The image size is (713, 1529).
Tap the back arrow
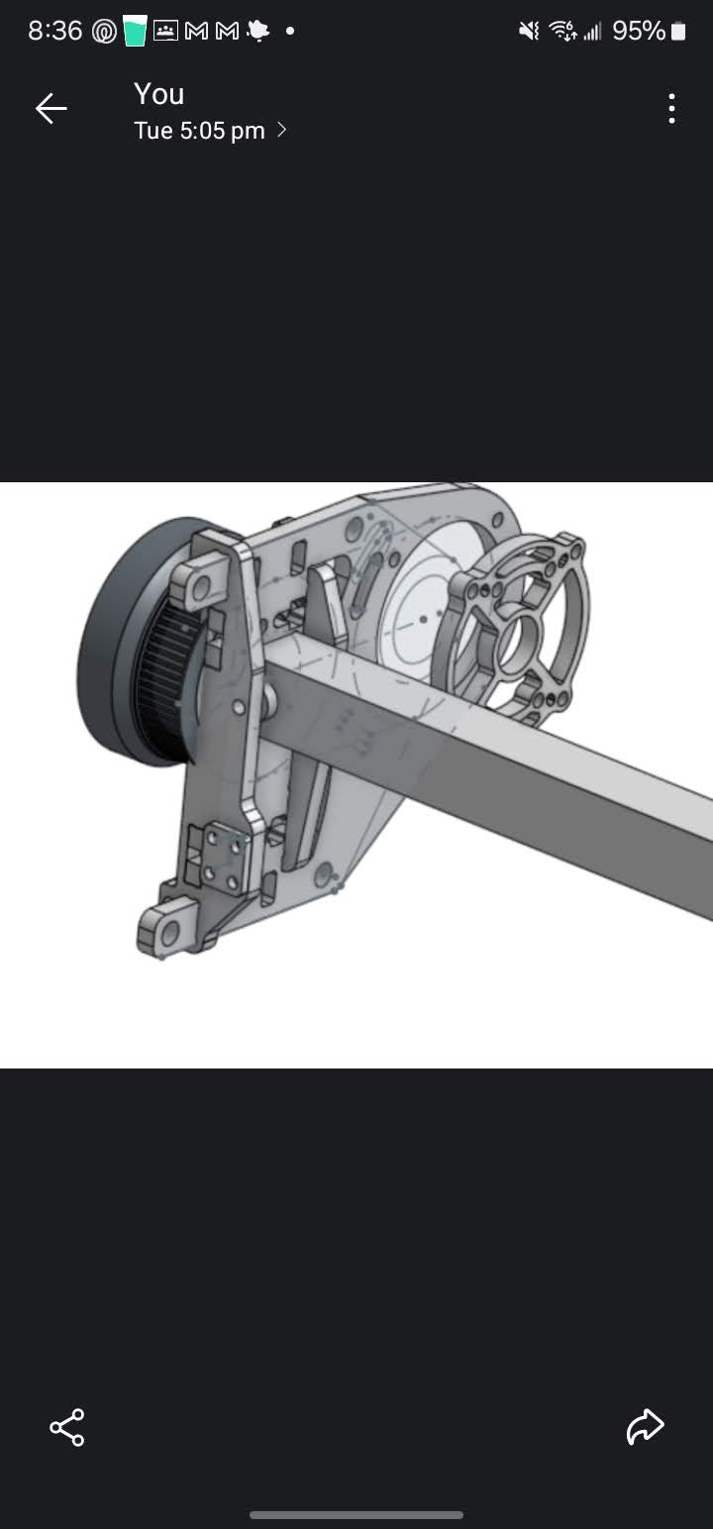point(51,109)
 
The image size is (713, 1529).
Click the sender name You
point(159,94)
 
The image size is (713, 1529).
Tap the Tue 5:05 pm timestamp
point(199,131)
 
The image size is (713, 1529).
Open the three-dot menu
point(672,109)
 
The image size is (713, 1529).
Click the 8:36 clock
point(54,31)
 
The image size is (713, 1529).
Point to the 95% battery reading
point(639,31)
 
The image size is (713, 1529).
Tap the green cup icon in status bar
point(135,32)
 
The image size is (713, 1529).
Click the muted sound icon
point(529,31)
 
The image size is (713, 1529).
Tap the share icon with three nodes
point(67,1427)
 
